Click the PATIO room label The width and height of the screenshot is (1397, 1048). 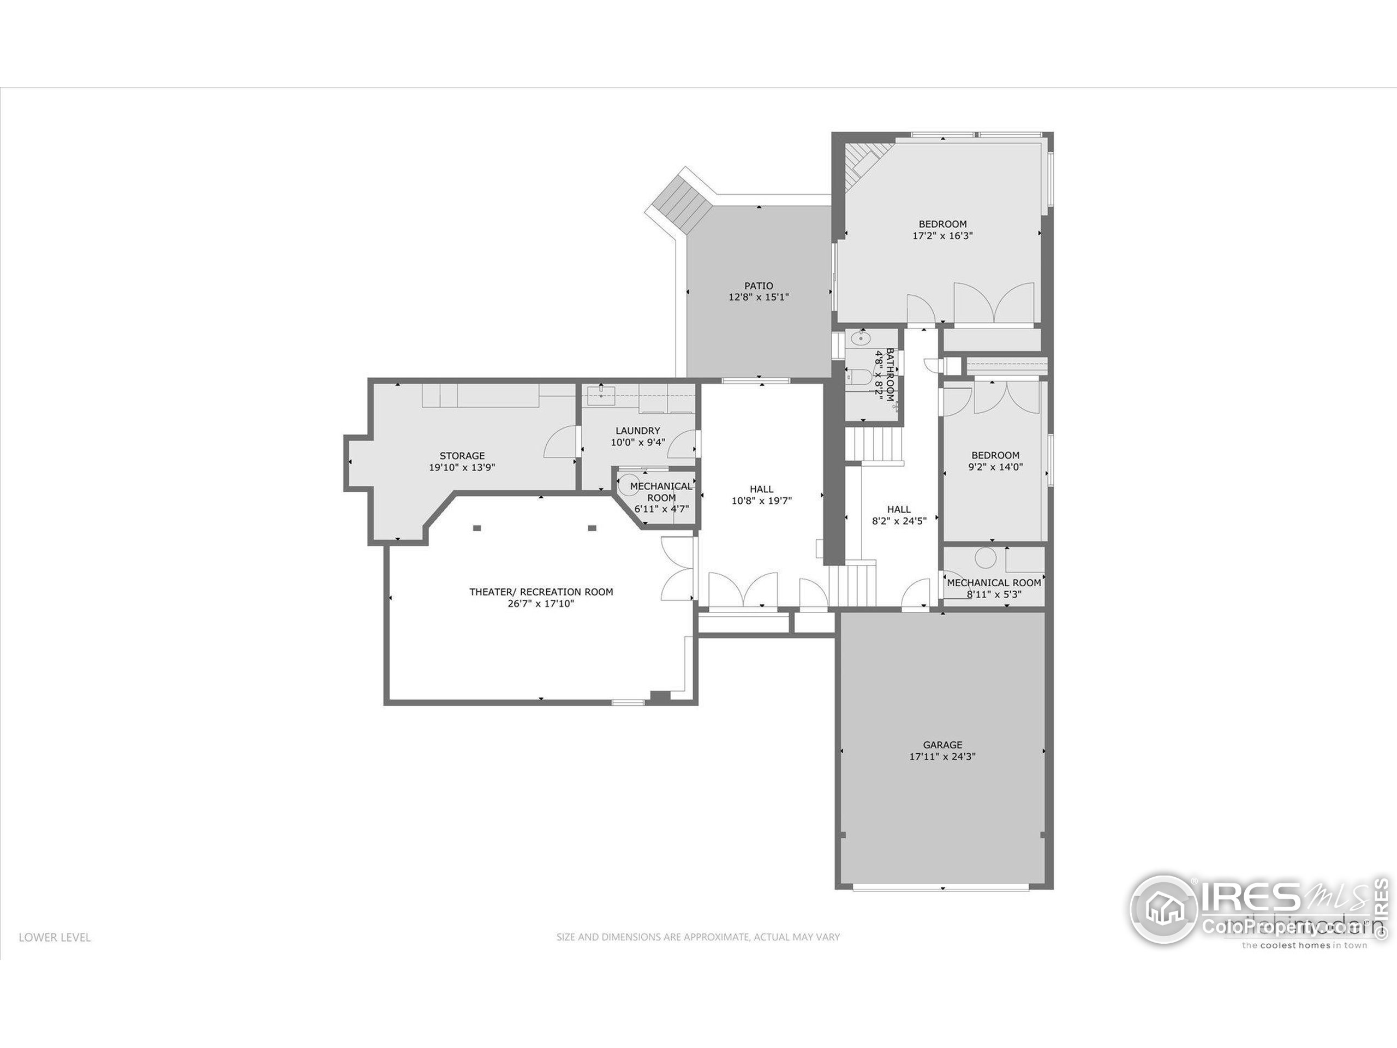pyautogui.click(x=759, y=286)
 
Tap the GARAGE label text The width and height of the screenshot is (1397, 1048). pyautogui.click(x=942, y=745)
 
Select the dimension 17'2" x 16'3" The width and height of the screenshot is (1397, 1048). pyautogui.click(x=942, y=236)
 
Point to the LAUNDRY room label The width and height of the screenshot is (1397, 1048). pyautogui.click(x=638, y=431)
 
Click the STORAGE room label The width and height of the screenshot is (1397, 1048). pyautogui.click(x=462, y=455)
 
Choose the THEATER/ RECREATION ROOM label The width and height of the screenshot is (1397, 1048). pyautogui.click(x=541, y=592)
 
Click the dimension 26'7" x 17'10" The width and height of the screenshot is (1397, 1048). pyautogui.click(x=541, y=604)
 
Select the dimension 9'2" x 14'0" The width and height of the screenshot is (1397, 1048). pyautogui.click(x=995, y=467)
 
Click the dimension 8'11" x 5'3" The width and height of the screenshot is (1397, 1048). pyautogui.click(x=994, y=594)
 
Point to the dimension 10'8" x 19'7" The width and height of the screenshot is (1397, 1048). pyautogui.click(x=762, y=501)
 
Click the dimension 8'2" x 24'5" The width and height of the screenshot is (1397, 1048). pyautogui.click(x=899, y=521)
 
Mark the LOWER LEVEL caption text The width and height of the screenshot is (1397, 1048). pyautogui.click(x=55, y=937)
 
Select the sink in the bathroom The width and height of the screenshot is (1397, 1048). pyautogui.click(x=859, y=338)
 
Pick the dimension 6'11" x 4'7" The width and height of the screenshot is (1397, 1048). pyautogui.click(x=661, y=509)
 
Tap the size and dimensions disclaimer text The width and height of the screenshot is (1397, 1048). pyautogui.click(x=698, y=937)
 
